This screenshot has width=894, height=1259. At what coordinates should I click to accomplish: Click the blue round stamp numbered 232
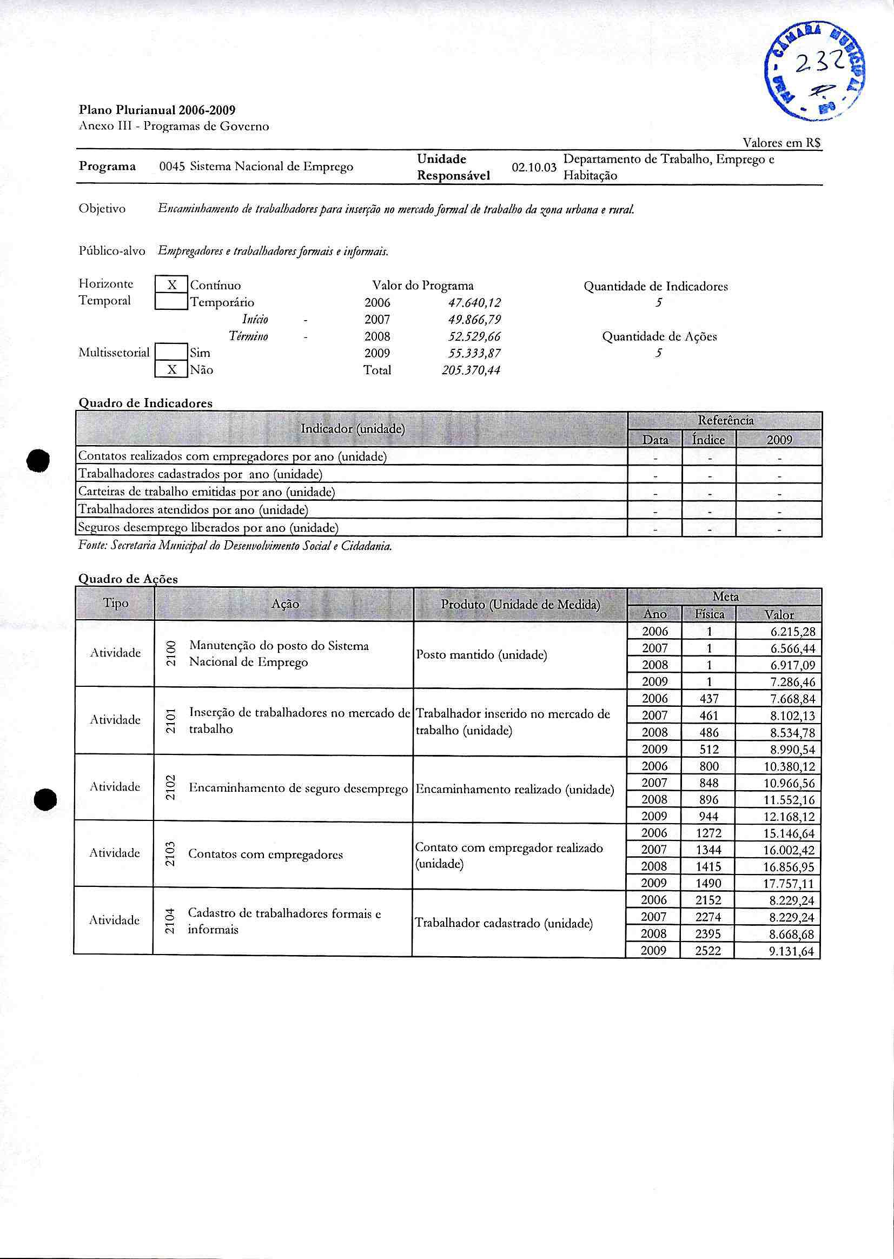tap(814, 71)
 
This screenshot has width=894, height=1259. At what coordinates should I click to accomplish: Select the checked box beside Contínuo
tap(171, 285)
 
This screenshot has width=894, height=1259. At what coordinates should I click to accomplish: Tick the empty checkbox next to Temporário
tap(171, 302)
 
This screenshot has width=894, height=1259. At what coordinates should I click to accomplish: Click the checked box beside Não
tap(171, 369)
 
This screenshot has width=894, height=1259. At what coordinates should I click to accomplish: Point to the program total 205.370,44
tap(471, 370)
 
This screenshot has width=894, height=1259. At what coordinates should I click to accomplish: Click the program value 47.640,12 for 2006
tap(474, 303)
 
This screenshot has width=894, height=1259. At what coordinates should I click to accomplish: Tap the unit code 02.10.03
tap(533, 167)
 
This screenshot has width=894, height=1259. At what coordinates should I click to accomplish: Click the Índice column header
tap(708, 440)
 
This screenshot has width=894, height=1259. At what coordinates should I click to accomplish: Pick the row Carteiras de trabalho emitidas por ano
tap(207, 492)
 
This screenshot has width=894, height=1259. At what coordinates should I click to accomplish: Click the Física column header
tap(709, 614)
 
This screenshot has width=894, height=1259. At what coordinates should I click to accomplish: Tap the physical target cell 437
tap(709, 699)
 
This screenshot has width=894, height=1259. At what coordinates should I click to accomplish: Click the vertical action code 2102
tap(171, 788)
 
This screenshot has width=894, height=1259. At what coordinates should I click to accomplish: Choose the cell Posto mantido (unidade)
tap(481, 655)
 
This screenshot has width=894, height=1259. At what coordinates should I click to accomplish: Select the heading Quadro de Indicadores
tap(145, 403)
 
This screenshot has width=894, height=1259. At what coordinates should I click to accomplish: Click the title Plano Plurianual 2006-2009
tap(157, 110)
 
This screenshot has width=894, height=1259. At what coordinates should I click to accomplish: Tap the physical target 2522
tap(708, 951)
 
